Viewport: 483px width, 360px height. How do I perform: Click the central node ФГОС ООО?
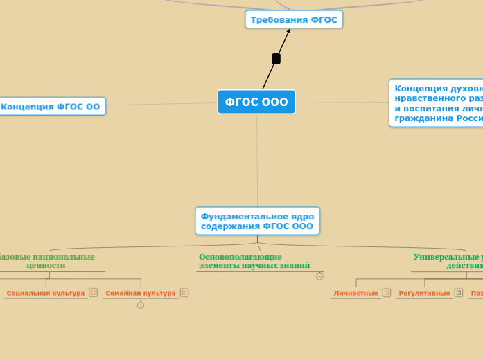point(256,102)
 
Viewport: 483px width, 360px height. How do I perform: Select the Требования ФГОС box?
point(294,20)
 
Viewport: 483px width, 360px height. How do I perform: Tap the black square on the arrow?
point(276,59)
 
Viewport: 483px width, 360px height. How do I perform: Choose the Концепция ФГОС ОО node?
point(51,107)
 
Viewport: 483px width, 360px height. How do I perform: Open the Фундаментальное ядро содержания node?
point(257,220)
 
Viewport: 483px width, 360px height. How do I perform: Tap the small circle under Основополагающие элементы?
point(319,276)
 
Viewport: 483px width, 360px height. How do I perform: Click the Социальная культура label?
point(45,294)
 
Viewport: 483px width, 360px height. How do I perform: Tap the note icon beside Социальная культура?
point(93,293)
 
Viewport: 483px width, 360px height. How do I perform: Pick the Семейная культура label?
point(140,294)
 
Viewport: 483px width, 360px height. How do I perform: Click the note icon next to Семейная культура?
point(184,293)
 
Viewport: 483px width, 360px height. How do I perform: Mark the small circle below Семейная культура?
point(141,305)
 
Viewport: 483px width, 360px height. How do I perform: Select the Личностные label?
point(355,294)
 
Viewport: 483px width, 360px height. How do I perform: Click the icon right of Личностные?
point(387,293)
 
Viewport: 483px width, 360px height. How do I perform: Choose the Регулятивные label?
point(424,294)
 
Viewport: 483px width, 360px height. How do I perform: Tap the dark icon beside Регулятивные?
point(458,293)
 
